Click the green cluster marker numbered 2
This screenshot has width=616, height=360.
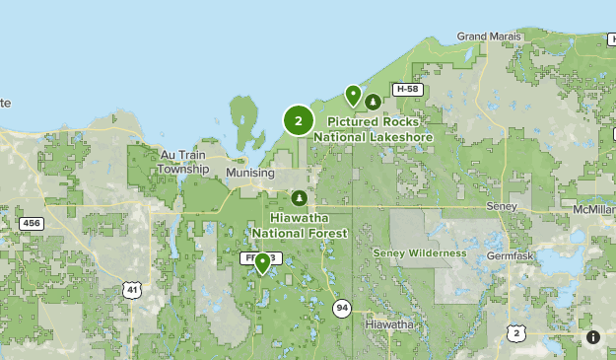[x=298, y=120]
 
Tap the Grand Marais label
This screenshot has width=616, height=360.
[x=489, y=36]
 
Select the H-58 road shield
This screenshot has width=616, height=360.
[x=407, y=89]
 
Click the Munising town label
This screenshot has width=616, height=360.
[x=250, y=173]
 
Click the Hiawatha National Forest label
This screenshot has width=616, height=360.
[x=300, y=226]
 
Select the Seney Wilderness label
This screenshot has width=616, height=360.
[x=420, y=253]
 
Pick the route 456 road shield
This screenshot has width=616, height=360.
[x=32, y=224]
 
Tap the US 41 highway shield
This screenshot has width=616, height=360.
[x=131, y=289]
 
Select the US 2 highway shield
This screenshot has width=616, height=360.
[x=516, y=333]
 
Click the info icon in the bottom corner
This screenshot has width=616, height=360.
[x=593, y=337]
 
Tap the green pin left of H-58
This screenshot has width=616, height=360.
[x=353, y=95]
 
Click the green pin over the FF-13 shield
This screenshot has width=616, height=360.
[x=263, y=262]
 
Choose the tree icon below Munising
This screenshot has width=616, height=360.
[x=300, y=197]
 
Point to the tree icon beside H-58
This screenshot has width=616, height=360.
[x=373, y=101]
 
